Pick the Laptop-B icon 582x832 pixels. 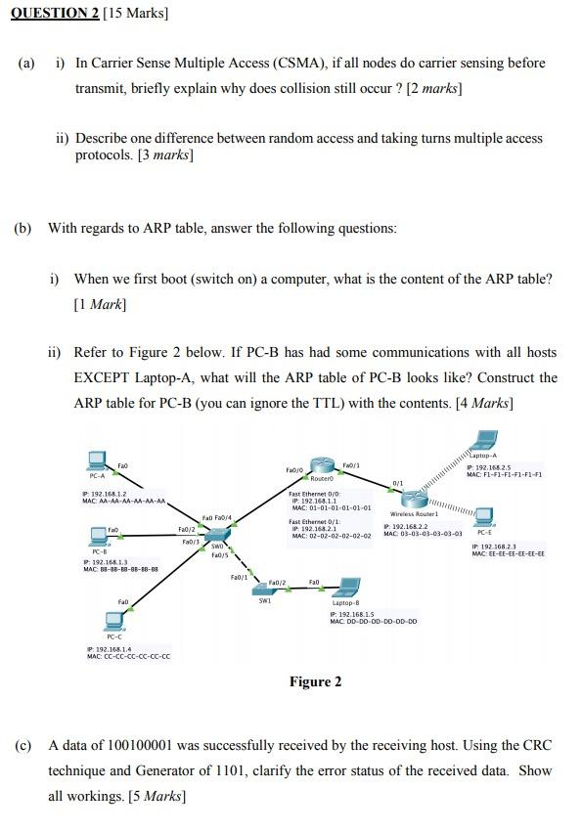[x=344, y=589]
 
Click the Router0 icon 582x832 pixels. [x=323, y=466]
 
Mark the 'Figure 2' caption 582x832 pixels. [x=315, y=681]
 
